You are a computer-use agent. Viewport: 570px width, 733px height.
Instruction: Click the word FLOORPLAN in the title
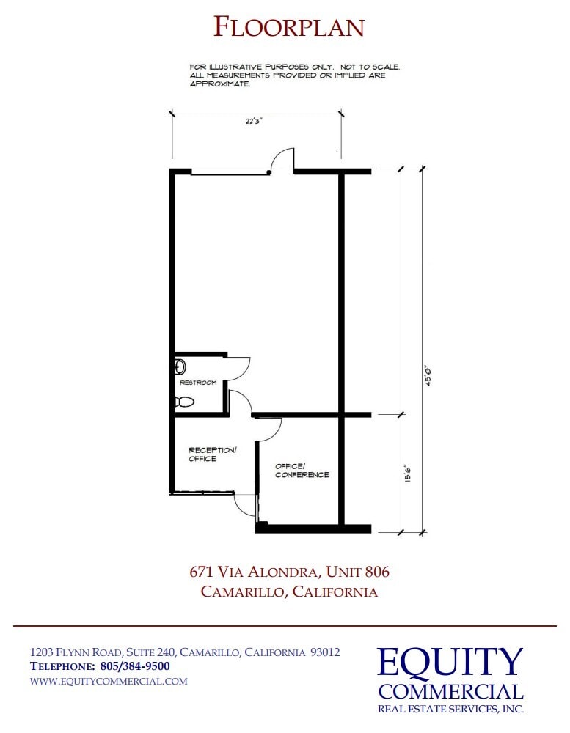pos(289,28)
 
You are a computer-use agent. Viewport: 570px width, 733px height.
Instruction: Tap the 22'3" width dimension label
pos(254,122)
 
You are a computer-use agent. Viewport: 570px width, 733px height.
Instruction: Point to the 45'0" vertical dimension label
pos(428,377)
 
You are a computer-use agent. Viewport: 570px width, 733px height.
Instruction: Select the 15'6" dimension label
pos(406,473)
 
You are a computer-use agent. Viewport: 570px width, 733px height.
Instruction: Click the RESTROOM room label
pos(198,383)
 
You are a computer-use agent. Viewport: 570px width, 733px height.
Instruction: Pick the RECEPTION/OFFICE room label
pos(213,454)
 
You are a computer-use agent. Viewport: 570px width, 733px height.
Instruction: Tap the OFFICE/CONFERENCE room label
pos(302,471)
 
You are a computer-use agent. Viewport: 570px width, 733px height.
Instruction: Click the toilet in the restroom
pos(184,402)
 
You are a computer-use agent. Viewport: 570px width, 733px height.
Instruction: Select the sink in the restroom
pos(180,366)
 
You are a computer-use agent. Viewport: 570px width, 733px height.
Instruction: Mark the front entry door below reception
pos(245,504)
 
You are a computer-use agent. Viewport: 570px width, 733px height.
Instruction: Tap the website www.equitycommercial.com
pos(109,681)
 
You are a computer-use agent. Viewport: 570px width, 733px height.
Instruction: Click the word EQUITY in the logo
pos(450,663)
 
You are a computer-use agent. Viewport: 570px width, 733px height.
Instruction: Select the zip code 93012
pos(325,652)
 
